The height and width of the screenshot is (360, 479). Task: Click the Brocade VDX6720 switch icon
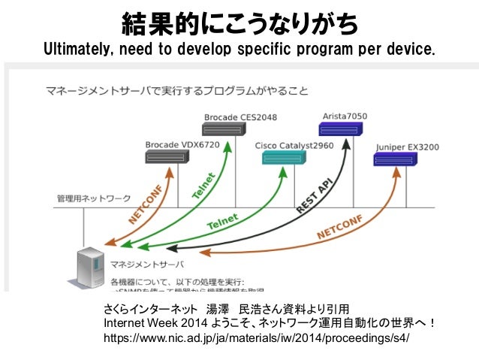coord(167,157)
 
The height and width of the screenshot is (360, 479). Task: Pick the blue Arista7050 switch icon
coord(340,129)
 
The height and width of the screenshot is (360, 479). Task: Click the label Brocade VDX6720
coord(173,144)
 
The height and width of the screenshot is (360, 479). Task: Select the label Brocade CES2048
coord(240,116)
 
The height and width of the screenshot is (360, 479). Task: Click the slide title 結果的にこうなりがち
coord(239,26)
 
